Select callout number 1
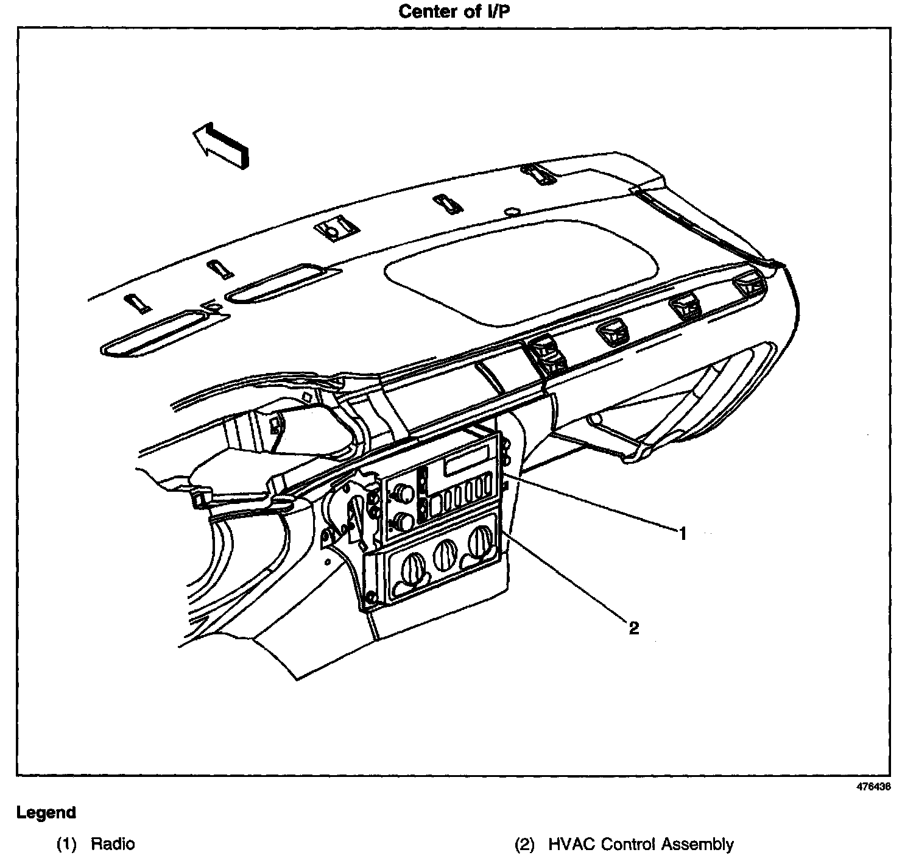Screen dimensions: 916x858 (683, 534)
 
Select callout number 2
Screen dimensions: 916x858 (634, 628)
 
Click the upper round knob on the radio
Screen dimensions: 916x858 (403, 493)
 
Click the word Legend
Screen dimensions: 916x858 (46, 812)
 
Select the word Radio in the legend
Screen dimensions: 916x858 (113, 844)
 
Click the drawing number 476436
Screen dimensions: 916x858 (874, 786)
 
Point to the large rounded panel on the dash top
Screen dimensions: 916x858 (523, 266)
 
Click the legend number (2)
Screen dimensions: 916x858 (524, 844)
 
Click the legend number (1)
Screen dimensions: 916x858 (66, 844)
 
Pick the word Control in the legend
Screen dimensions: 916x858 (629, 844)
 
